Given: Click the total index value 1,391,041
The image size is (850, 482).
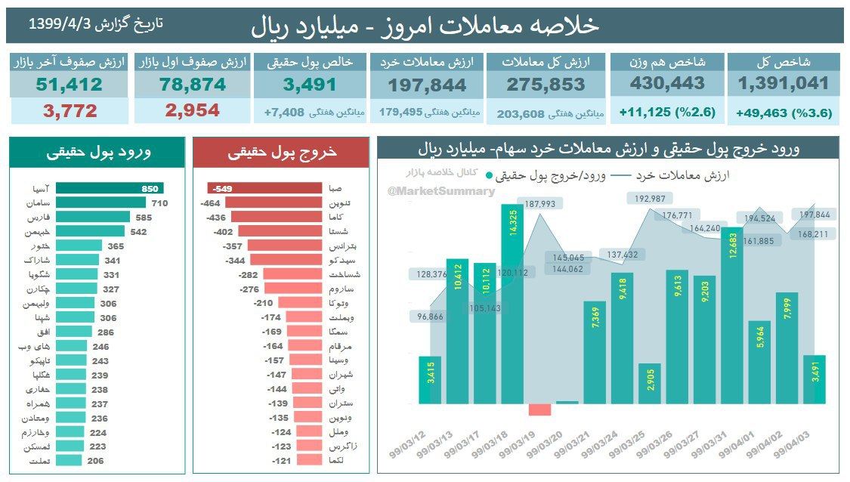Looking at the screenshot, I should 784,84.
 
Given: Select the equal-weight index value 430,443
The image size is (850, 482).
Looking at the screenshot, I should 667,84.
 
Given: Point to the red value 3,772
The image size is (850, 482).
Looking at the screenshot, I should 70,111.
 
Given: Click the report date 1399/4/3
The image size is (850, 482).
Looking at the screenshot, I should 60,23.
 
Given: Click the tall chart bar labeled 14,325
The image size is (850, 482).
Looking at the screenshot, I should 513,302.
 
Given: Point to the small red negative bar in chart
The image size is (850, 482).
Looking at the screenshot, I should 540,409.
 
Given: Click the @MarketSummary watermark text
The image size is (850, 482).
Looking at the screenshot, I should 441,191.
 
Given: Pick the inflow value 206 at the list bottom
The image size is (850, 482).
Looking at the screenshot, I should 94,459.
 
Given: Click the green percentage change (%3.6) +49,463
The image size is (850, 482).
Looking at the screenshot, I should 784,113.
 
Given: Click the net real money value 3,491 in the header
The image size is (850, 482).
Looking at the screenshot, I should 309,85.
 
